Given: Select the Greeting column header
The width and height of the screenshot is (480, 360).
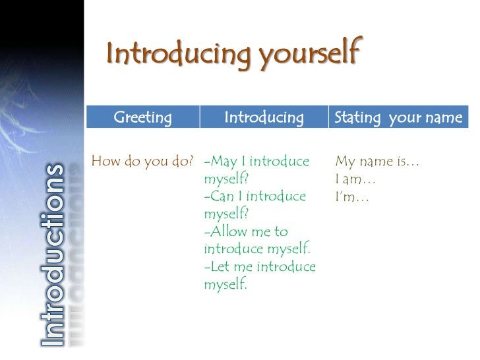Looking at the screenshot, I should (142, 118).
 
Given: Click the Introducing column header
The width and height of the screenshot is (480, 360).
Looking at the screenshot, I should (264, 118).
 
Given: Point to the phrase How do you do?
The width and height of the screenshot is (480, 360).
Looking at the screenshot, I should (142, 161).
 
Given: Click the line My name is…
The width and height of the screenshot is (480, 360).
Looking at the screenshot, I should (378, 161).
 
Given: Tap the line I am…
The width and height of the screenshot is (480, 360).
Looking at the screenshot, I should (355, 179).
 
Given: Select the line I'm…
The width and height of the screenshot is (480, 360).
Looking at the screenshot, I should (352, 196).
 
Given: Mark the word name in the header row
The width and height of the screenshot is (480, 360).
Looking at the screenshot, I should (445, 118).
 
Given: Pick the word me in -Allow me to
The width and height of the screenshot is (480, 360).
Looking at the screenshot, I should (262, 232).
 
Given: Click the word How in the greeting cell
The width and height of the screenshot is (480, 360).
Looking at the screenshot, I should (105, 161).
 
